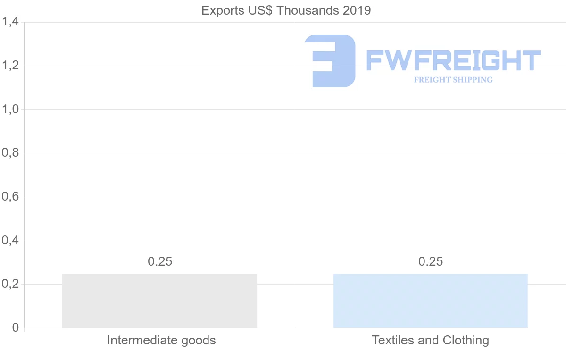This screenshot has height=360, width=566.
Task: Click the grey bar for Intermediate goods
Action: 159,301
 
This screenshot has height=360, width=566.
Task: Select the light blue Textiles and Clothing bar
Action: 430,301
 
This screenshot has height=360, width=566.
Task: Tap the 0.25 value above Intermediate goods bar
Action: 160,261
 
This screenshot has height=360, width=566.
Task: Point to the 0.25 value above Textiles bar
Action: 431,261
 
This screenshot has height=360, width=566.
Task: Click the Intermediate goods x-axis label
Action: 161,340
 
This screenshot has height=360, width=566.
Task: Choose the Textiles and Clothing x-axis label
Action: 430,340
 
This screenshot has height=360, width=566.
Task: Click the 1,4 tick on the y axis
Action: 10,22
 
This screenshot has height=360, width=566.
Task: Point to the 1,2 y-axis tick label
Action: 10,66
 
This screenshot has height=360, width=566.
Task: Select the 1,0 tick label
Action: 10,109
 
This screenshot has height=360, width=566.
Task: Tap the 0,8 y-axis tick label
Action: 10,153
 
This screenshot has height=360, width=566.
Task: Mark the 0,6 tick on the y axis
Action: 10,197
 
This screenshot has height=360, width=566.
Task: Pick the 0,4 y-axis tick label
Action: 10,241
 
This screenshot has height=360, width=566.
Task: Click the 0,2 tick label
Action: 10,284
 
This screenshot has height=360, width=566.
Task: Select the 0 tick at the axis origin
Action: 15,328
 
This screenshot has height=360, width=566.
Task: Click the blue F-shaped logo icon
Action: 330,61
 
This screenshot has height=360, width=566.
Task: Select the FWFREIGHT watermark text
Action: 453,61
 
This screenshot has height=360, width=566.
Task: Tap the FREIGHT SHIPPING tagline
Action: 453,80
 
